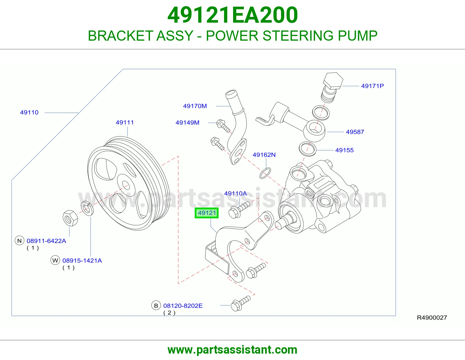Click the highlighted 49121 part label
[x=207, y=213]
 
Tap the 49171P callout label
[x=372, y=86]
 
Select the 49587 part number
[x=355, y=132]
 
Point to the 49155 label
[x=344, y=150]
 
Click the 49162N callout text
[x=264, y=155]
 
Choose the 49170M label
[x=195, y=106]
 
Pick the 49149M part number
[x=187, y=123]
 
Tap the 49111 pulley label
[x=125, y=123]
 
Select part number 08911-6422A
[x=46, y=241]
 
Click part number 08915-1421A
[x=82, y=261]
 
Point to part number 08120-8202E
[x=183, y=306]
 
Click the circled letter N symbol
[x=19, y=241]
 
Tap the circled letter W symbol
[x=55, y=260]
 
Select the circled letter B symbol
[x=156, y=306]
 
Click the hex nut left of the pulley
[x=70, y=218]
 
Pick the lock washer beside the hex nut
[x=87, y=208]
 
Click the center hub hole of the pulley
[x=126, y=185]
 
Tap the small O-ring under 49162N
[x=265, y=173]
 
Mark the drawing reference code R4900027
[x=432, y=318]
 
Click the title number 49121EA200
[x=233, y=15]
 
